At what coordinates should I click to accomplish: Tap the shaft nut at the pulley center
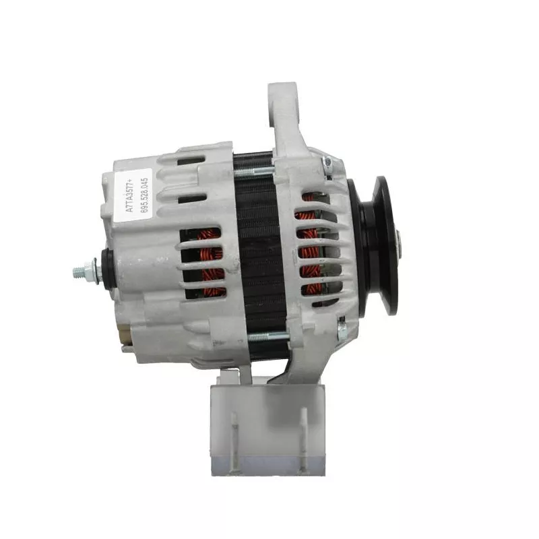coord(399,245)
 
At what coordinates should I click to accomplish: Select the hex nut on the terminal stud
coord(90,271)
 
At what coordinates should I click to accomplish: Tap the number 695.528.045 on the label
coord(145,195)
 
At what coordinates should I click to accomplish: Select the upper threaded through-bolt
coord(254,170)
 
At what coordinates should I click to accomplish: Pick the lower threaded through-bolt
coord(268,337)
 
